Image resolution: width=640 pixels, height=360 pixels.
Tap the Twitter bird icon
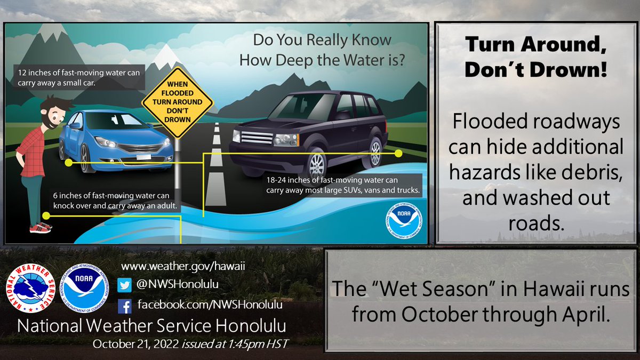[124, 285]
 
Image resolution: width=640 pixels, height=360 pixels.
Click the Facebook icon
[124, 306]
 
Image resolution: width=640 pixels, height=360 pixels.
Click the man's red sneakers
[41, 228]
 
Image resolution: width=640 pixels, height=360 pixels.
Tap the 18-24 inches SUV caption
[344, 185]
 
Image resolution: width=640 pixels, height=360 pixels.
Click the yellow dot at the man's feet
[46, 216]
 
